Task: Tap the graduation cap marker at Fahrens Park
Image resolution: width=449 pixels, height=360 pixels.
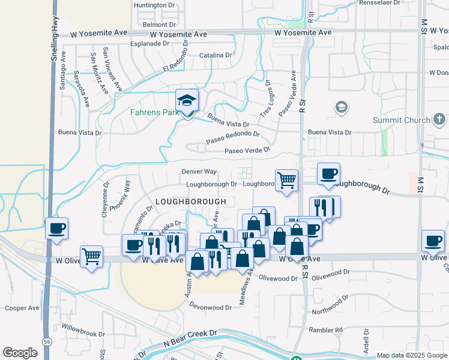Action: click(187, 101)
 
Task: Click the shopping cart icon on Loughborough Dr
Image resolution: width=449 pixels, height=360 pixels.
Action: click(287, 179)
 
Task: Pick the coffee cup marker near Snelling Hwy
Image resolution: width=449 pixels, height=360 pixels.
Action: click(56, 229)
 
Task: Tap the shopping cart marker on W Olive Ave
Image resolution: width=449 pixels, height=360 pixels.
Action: click(92, 257)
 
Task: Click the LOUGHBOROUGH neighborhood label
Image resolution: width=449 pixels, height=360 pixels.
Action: click(190, 202)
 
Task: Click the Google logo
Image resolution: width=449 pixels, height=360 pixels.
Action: click(20, 352)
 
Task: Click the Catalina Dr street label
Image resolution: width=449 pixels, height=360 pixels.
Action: click(215, 55)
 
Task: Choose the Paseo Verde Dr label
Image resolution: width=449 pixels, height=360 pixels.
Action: click(247, 151)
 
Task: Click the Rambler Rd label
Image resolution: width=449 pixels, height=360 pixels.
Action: click(325, 330)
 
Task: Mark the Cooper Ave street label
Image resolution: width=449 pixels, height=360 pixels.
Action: click(22, 308)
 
